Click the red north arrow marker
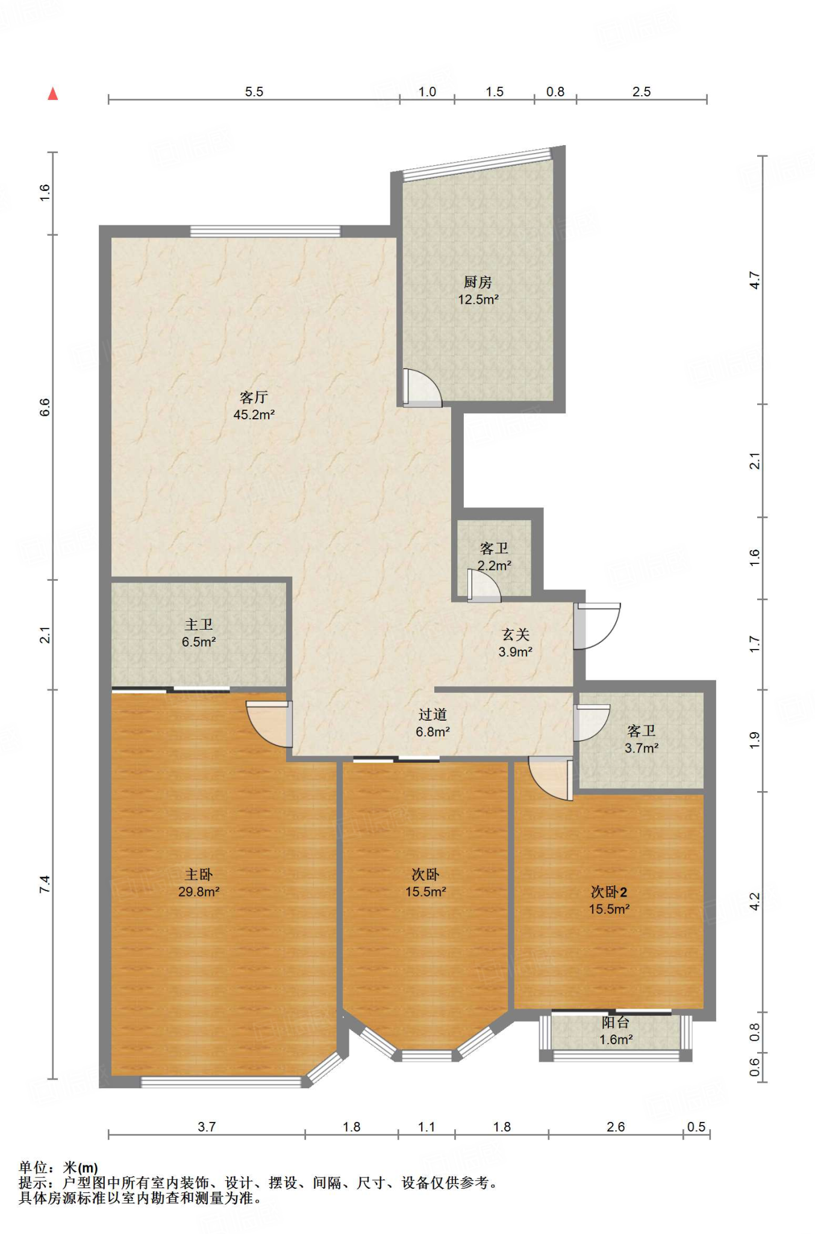pyautogui.click(x=53, y=93)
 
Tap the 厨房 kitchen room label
pyautogui.click(x=478, y=282)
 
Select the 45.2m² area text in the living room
pyautogui.click(x=254, y=415)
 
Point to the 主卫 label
pyautogui.click(x=199, y=625)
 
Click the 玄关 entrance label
pyautogui.click(x=516, y=634)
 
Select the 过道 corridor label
pyautogui.click(x=432, y=715)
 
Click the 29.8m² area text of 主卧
pyautogui.click(x=199, y=892)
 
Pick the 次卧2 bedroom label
pyautogui.click(x=609, y=892)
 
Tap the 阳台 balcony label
pyautogui.click(x=616, y=1023)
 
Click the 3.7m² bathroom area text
pyautogui.click(x=642, y=748)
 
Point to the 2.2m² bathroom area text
pyautogui.click(x=495, y=566)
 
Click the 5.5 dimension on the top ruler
pyautogui.click(x=254, y=92)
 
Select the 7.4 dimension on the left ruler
pyautogui.click(x=45, y=885)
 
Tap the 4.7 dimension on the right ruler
pyautogui.click(x=755, y=280)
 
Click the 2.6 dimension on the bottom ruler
pyautogui.click(x=616, y=1127)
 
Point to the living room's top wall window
pyautogui.click(x=266, y=231)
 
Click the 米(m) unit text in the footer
pyautogui.click(x=80, y=1168)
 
